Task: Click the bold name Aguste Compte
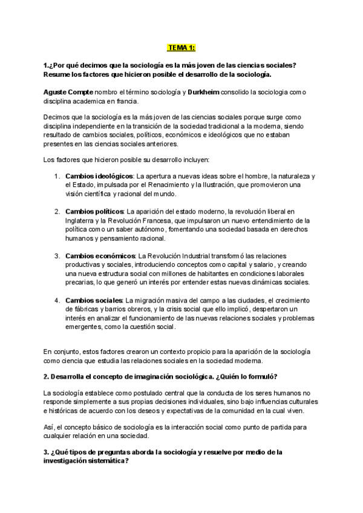(x=68, y=91)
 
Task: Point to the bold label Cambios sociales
(x=93, y=300)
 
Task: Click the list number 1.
(x=56, y=176)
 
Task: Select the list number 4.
(x=56, y=300)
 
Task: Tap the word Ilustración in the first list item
(x=234, y=185)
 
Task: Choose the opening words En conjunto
(x=62, y=351)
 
